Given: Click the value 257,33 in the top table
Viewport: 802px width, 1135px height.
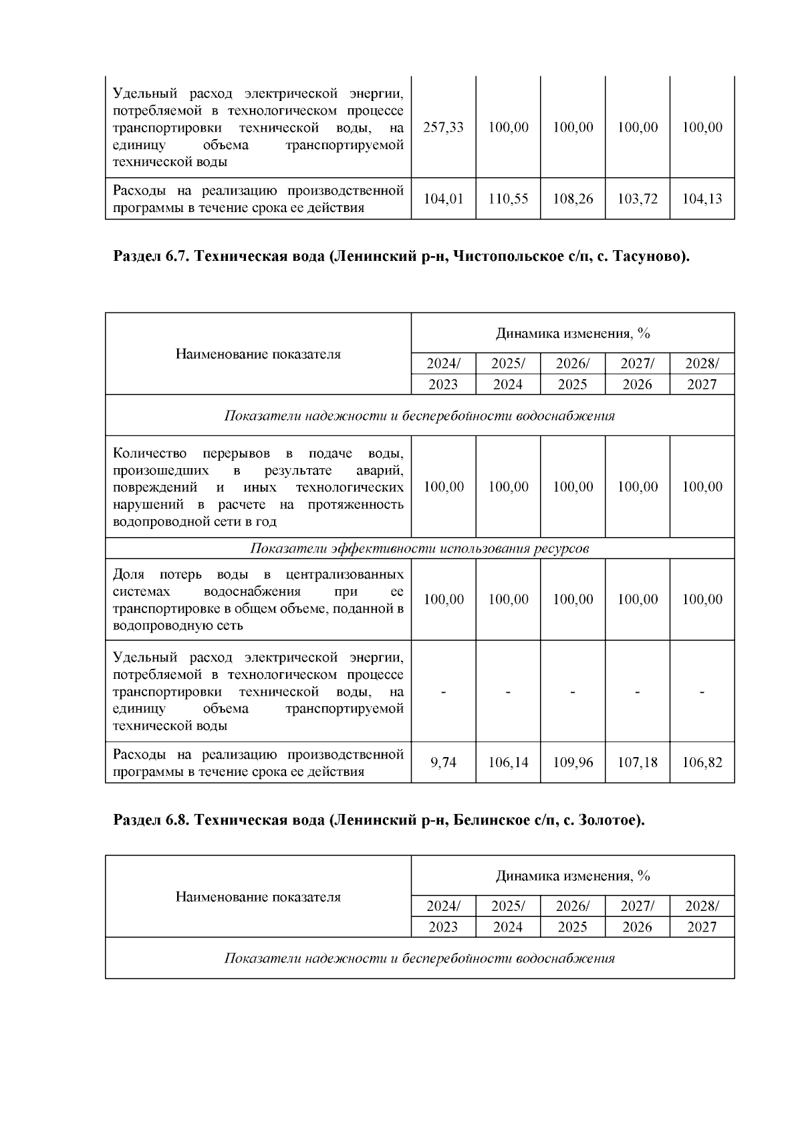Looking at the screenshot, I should point(443,127).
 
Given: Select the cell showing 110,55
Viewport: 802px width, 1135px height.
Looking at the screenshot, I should point(508,199).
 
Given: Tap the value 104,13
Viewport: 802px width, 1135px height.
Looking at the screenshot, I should point(702,199).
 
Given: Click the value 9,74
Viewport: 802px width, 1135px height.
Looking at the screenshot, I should point(443,762).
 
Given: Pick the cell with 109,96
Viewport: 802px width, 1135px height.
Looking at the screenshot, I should point(573,762).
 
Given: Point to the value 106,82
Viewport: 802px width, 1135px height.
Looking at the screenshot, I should point(702,762).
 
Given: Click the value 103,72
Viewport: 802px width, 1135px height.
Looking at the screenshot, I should point(637,199).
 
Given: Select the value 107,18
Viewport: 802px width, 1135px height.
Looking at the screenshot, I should point(637,762).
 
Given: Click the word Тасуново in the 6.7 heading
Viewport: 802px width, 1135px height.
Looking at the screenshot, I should point(648,256).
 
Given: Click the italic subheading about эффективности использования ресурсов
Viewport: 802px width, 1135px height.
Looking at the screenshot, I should point(420,548).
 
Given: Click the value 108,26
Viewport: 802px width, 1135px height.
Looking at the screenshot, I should point(573,199).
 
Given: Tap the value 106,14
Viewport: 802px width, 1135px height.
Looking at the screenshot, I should point(508,762).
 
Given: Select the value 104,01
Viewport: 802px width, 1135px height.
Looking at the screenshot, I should point(443,199).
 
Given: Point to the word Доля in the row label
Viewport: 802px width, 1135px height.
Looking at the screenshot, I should point(128,575).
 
